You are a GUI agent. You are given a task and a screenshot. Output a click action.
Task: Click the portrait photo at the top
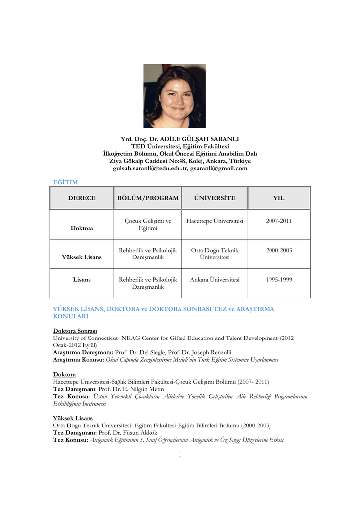click(174, 96)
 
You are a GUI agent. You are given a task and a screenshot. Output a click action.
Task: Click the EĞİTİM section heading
click(65, 182)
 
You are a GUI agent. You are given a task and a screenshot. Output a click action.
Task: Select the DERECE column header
click(82, 198)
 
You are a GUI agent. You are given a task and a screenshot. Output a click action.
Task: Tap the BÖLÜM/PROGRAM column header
click(148, 198)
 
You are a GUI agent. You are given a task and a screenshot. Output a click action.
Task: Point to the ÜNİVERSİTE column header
click(215, 198)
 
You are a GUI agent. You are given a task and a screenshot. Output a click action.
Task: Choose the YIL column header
click(278, 198)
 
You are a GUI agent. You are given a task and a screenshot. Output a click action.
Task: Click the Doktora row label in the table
click(82, 228)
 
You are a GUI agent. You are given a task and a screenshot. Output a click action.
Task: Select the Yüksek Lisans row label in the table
click(82, 257)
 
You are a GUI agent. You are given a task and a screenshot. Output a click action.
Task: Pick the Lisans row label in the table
click(82, 280)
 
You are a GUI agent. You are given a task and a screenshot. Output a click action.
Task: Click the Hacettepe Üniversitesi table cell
click(215, 221)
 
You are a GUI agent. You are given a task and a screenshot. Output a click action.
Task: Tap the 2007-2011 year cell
click(278, 221)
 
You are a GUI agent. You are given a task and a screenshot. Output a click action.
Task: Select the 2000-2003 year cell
click(278, 250)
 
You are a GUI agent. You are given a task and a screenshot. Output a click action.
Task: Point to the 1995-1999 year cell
click(278, 280)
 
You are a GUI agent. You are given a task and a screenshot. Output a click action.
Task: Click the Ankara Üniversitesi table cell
click(215, 280)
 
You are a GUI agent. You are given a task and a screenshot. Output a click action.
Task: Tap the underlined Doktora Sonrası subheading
click(75, 331)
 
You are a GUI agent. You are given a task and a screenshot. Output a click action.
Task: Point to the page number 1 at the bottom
click(180, 454)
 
